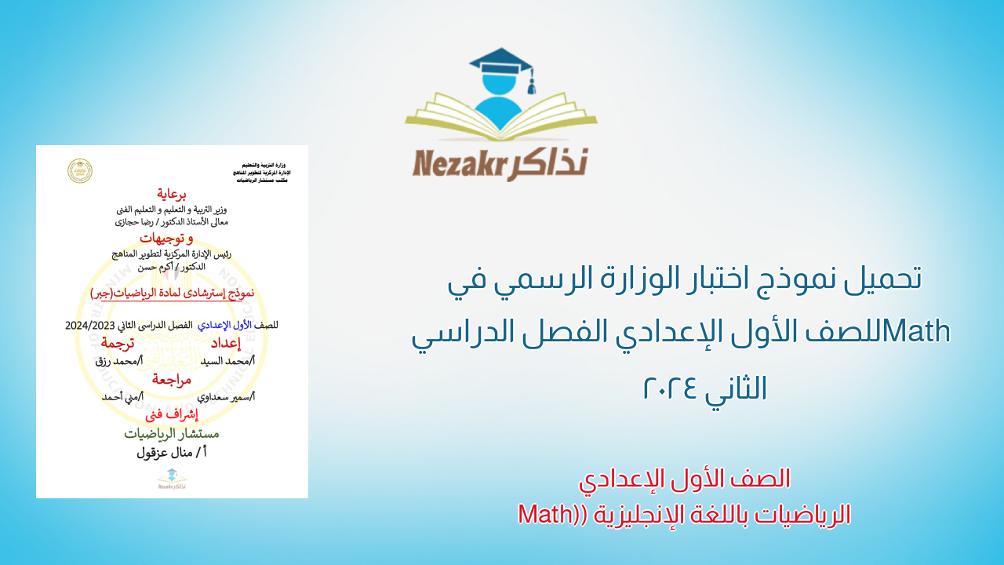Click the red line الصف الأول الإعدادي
point(684,478)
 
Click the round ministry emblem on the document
point(80,170)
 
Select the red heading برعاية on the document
point(172,194)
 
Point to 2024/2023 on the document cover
point(91,325)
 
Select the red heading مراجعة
point(172,380)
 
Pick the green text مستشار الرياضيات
point(172,433)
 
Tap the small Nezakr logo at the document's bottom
point(172,479)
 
